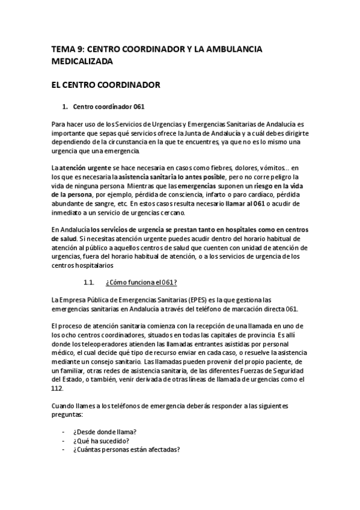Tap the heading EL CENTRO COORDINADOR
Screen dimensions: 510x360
(x=106, y=85)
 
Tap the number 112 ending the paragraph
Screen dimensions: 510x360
(x=57, y=388)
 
